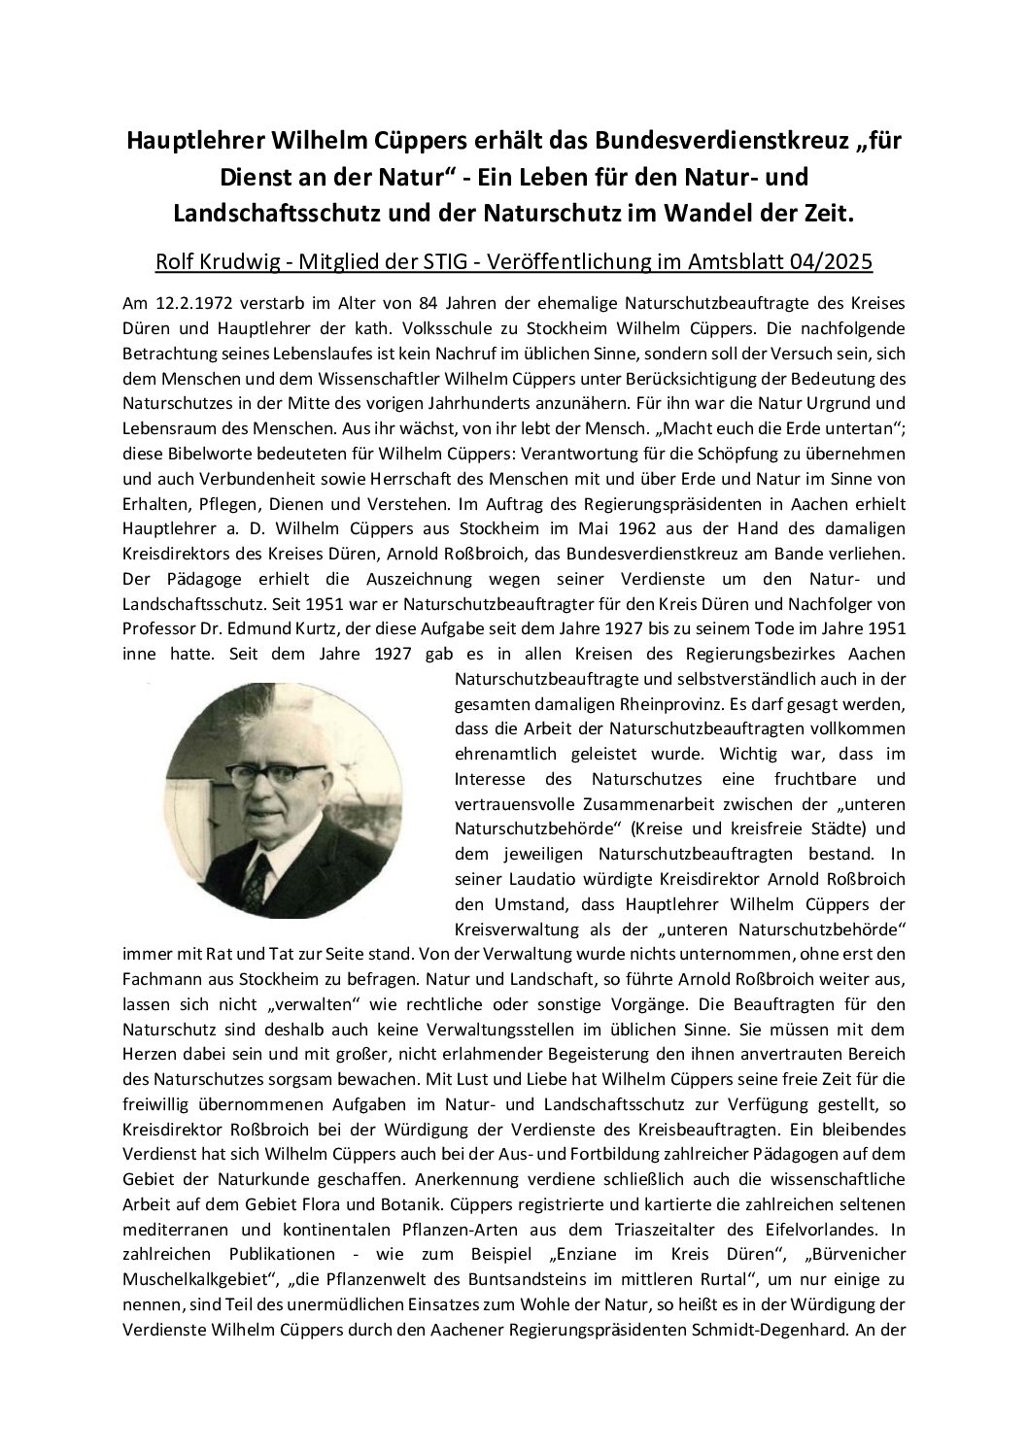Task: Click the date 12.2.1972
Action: [181, 302]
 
